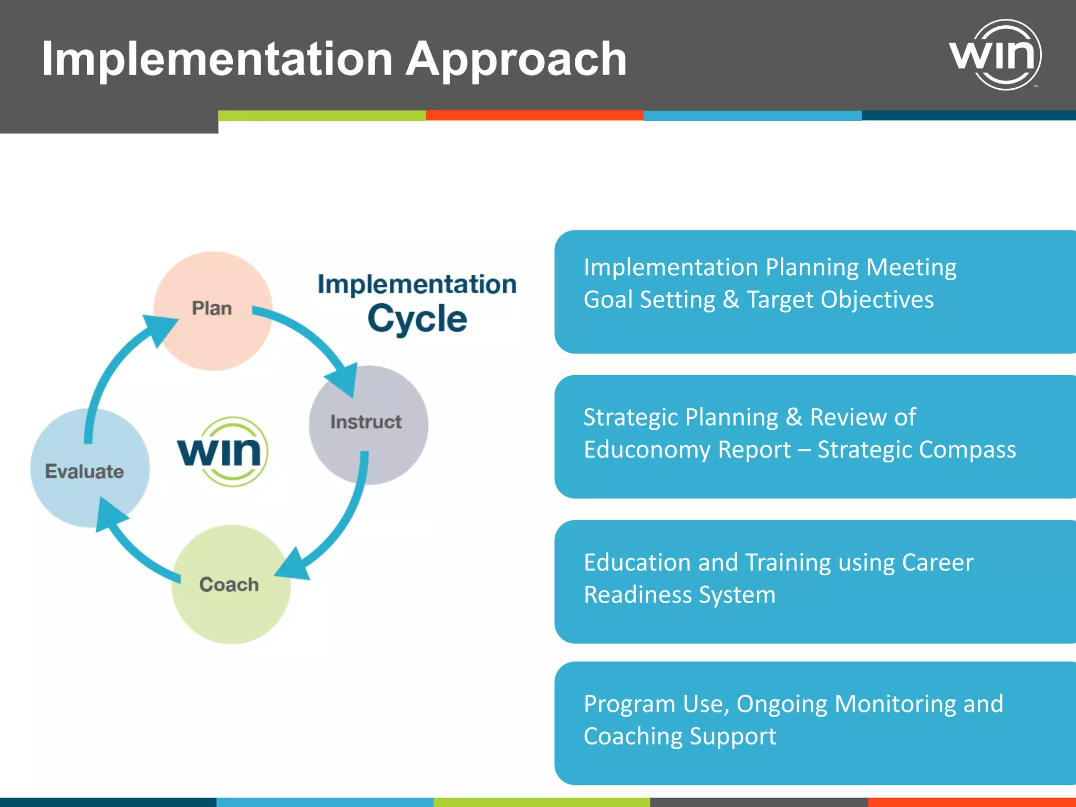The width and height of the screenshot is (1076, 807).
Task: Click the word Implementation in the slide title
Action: pyautogui.click(x=216, y=59)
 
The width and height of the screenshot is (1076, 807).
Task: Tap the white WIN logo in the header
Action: pyautogui.click(x=996, y=54)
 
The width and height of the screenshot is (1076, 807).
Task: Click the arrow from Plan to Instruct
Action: pyautogui.click(x=310, y=336)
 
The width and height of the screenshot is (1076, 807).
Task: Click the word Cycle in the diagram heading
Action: pyautogui.click(x=417, y=319)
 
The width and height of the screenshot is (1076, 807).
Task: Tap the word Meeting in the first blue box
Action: pyautogui.click(x=911, y=267)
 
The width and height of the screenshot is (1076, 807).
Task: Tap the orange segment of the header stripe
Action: pyautogui.click(x=534, y=115)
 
